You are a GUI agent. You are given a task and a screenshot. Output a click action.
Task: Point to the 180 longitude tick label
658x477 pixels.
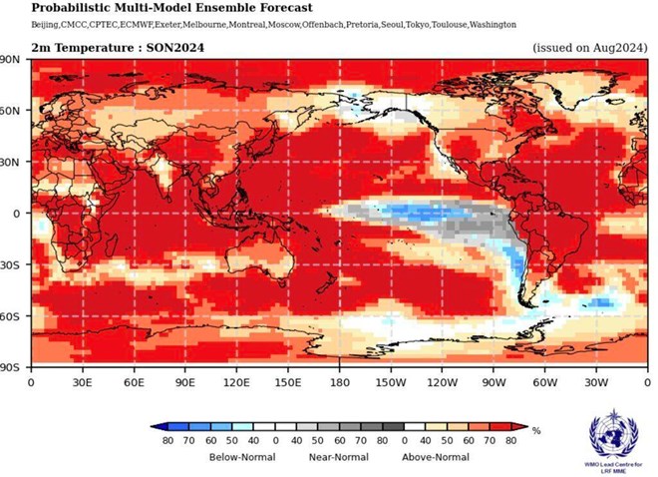coord(340,382)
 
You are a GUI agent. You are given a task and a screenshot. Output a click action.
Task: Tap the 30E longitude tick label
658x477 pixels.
coord(83,382)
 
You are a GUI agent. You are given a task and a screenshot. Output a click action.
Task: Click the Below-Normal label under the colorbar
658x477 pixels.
coord(240,457)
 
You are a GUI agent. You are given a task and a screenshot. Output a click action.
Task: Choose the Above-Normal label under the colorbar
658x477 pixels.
coord(436,457)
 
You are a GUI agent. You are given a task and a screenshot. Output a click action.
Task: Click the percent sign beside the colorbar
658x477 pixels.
coord(536,431)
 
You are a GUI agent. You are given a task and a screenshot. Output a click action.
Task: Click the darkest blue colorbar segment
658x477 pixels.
coord(168,426)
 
